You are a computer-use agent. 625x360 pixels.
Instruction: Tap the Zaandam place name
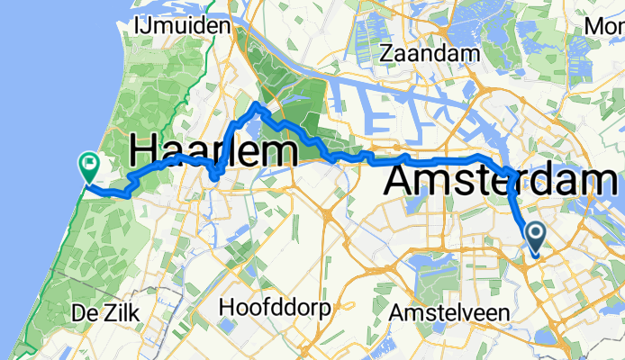click(429, 54)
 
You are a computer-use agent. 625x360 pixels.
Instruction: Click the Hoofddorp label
click(275, 308)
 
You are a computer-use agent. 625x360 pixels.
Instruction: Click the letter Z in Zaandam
click(388, 54)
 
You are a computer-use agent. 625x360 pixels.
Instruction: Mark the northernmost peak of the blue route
click(258, 105)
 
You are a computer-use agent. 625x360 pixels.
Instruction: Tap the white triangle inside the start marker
click(535, 236)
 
